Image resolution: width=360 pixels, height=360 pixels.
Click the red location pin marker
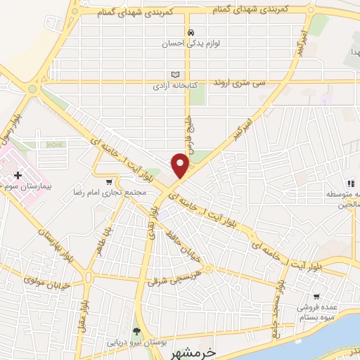[181, 165]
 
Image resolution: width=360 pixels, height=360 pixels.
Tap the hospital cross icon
[18, 174]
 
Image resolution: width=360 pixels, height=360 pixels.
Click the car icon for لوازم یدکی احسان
[190, 33]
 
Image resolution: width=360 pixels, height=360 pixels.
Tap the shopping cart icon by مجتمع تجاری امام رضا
[108, 181]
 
